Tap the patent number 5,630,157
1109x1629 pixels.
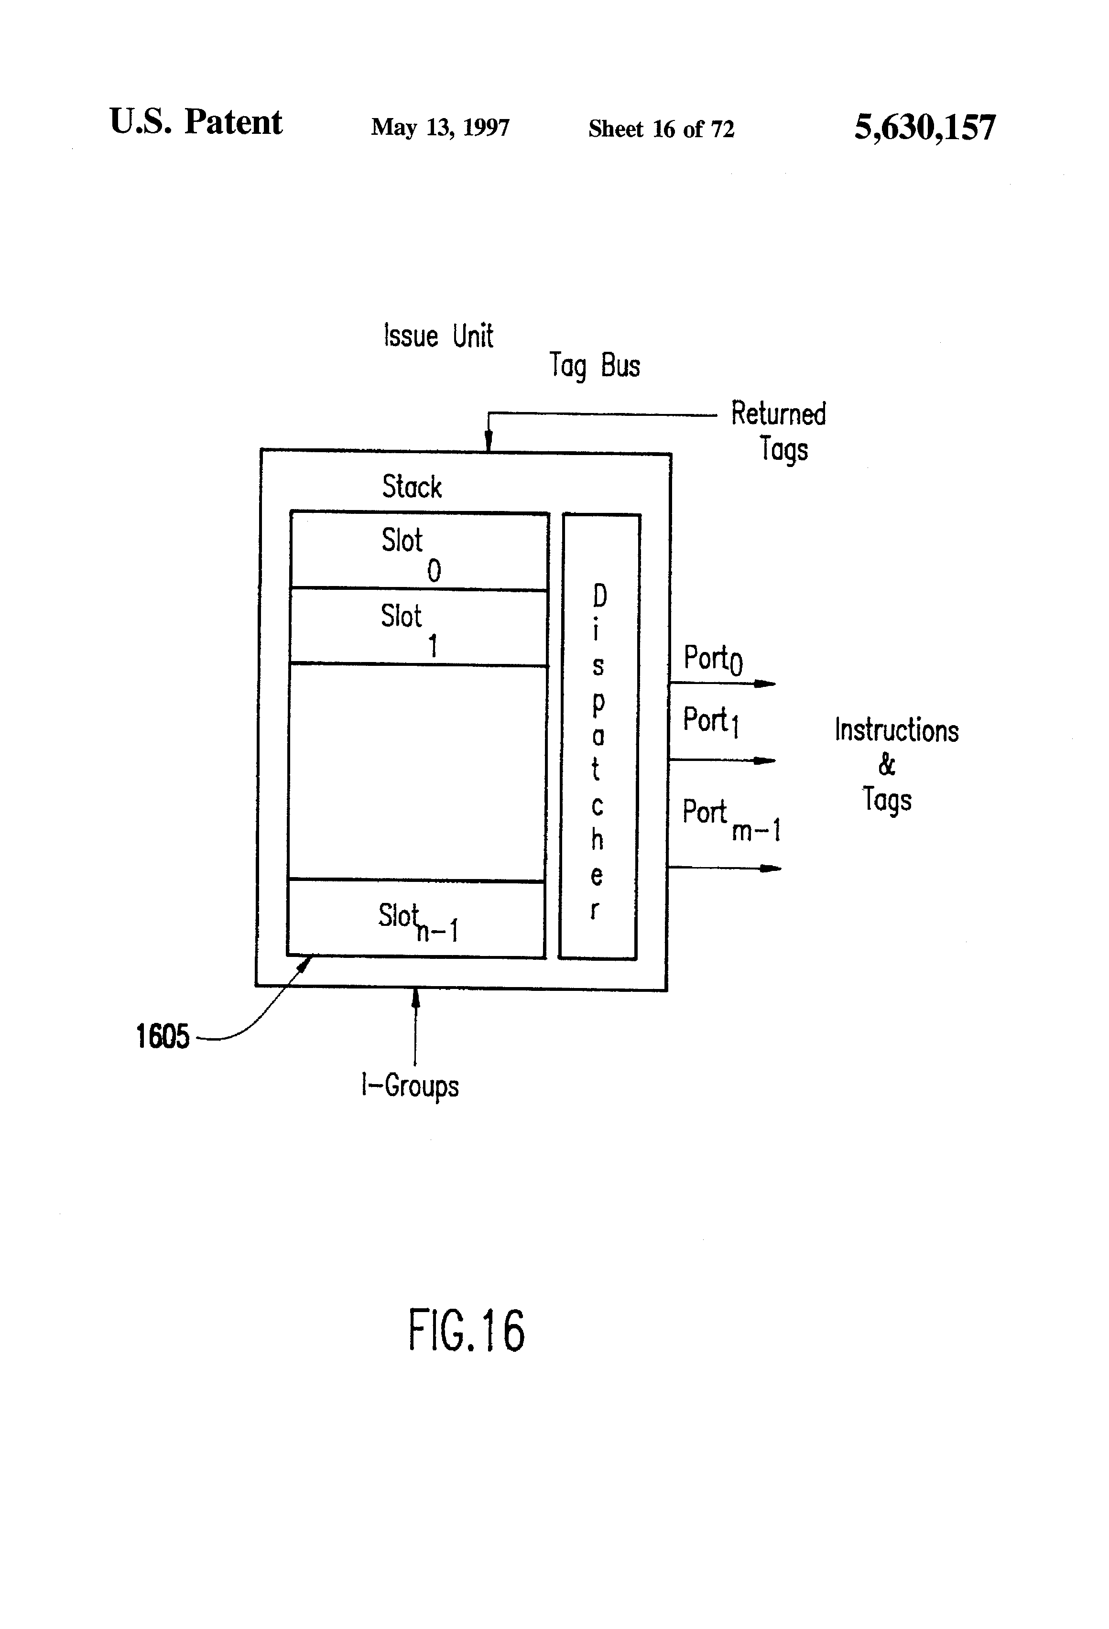[x=924, y=128]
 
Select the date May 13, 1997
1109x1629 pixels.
[x=440, y=127]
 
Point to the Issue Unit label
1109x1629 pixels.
[x=438, y=336]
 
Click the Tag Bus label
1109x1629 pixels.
[x=595, y=366]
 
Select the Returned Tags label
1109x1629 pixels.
[x=779, y=430]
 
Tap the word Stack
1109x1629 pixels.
[x=412, y=487]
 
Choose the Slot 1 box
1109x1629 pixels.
[x=418, y=627]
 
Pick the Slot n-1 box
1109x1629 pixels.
[x=416, y=918]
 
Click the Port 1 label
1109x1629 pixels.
[x=711, y=721]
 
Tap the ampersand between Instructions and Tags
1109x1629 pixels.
[x=887, y=765]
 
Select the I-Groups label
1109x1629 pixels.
[x=410, y=1086]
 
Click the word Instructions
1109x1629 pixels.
[x=897, y=730]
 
